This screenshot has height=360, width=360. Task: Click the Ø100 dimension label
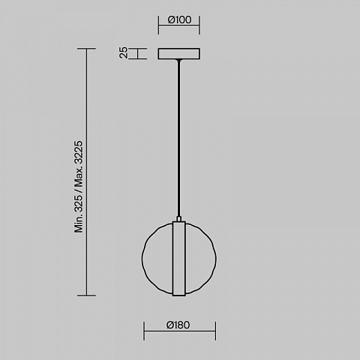(179, 19)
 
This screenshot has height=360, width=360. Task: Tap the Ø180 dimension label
(178, 325)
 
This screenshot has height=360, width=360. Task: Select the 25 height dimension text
(123, 52)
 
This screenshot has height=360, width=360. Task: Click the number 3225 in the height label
(79, 152)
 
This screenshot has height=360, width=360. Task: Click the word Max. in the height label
(79, 178)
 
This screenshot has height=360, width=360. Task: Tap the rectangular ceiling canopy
(178, 54)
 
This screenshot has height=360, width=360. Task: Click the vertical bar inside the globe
(179, 259)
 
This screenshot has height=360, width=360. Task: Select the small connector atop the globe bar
(178, 219)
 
